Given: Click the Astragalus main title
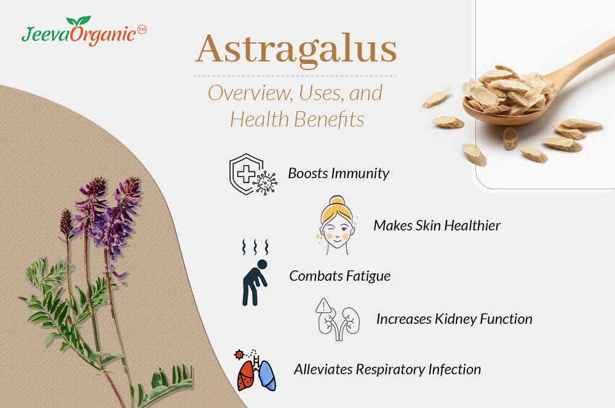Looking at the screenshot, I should click(x=296, y=50).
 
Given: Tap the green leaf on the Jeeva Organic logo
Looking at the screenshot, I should click(x=79, y=22).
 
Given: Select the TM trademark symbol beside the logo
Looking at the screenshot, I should click(x=141, y=28).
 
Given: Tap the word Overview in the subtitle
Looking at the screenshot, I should click(x=242, y=93).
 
